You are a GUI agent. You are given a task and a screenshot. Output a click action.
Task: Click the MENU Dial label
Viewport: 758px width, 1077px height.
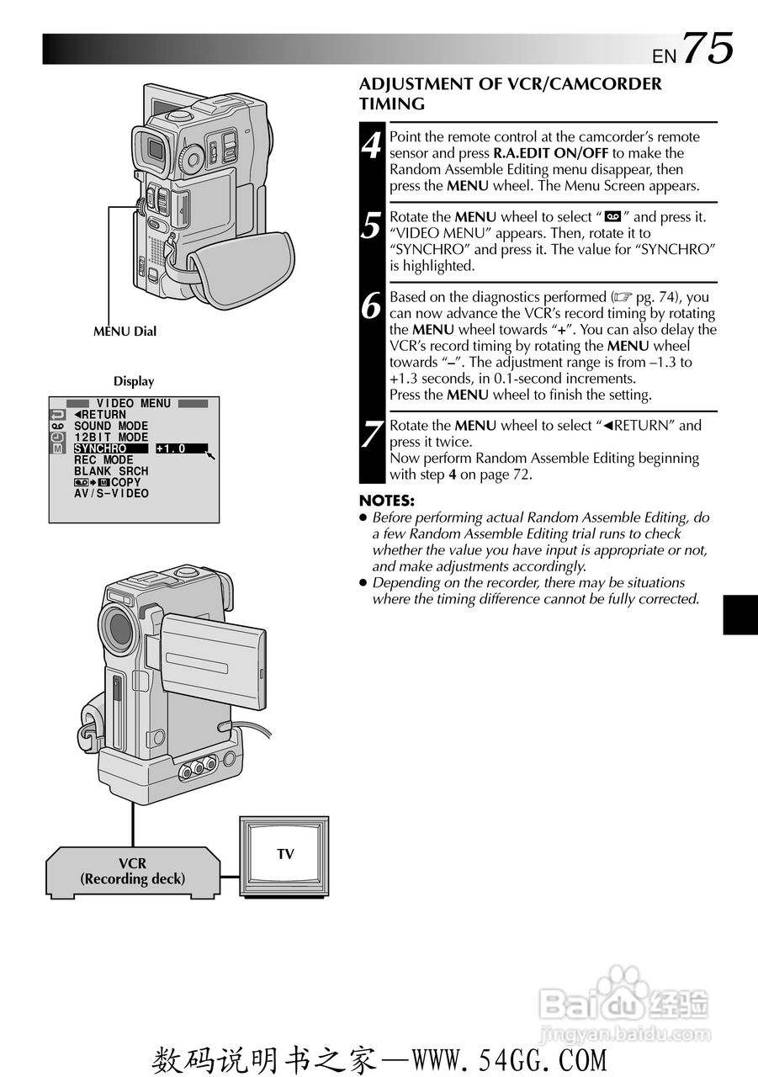tap(125, 332)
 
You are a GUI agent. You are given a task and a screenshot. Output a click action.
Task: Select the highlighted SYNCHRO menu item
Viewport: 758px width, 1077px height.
tap(99, 449)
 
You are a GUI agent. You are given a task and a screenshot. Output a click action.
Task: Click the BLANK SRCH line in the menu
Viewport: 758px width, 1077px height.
tap(111, 471)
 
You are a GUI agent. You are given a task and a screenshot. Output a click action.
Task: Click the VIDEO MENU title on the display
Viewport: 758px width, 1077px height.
tap(133, 404)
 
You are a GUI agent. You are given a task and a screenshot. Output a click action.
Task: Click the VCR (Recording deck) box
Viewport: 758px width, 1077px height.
tap(132, 872)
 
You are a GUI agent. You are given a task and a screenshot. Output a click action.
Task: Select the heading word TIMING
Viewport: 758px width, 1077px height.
tap(392, 104)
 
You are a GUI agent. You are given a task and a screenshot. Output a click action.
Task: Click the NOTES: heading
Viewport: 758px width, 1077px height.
tap(387, 500)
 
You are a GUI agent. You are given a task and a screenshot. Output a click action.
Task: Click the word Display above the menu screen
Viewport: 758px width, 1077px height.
tap(134, 381)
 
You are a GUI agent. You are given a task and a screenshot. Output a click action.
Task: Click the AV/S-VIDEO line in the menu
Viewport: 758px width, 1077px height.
tap(111, 493)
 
